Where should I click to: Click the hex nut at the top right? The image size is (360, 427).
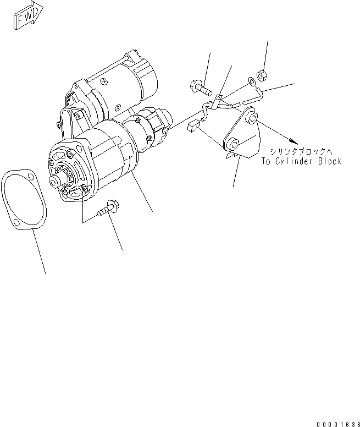click(262, 73)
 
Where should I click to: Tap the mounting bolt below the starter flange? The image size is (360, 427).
click(108, 209)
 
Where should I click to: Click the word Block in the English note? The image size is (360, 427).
click(330, 161)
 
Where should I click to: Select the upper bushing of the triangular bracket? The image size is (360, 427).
click(252, 117)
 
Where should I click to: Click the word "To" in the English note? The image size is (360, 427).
click(267, 161)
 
